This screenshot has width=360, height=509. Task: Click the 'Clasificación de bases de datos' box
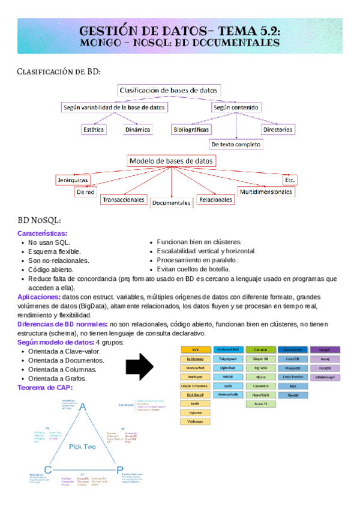click(x=169, y=91)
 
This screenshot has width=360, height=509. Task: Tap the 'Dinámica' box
click(x=138, y=129)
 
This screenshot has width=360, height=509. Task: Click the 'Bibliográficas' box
click(x=191, y=129)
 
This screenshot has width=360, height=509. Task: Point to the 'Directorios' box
click(x=277, y=129)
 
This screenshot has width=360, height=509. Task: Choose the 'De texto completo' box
click(x=236, y=145)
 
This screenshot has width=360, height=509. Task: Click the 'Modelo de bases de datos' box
click(x=172, y=161)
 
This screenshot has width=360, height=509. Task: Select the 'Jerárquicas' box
click(x=72, y=179)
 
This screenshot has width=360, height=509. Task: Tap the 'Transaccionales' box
click(x=124, y=199)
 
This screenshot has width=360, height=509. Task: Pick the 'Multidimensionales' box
click(x=266, y=192)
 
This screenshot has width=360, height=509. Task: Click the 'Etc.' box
click(x=290, y=179)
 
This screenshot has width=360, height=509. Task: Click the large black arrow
click(x=140, y=367)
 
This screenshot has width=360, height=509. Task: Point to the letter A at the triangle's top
click(x=83, y=408)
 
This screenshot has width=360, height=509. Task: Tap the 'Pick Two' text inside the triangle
click(x=83, y=446)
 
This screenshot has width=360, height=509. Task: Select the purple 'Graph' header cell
click(x=325, y=349)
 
